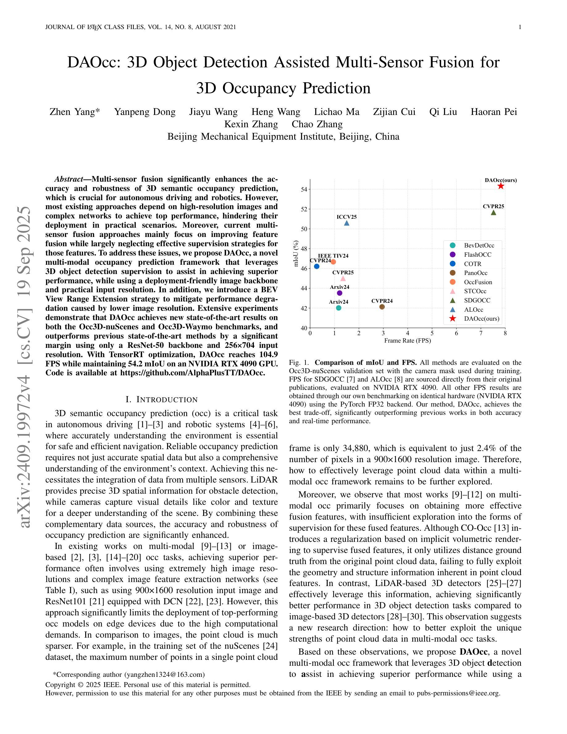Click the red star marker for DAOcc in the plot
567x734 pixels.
(x=501, y=186)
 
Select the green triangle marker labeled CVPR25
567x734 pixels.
(x=493, y=213)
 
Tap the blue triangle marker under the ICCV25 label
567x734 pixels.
(x=346, y=223)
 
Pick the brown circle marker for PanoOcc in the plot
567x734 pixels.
(x=382, y=307)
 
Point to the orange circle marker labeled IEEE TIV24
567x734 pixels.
(x=333, y=262)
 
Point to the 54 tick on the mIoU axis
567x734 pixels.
(x=304, y=190)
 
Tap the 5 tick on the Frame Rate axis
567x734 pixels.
(x=432, y=333)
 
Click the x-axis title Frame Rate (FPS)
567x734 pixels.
(x=407, y=340)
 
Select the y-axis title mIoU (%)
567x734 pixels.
(x=296, y=253)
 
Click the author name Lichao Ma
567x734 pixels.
(x=337, y=112)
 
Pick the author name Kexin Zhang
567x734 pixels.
(x=251, y=124)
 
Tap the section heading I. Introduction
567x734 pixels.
(x=162, y=400)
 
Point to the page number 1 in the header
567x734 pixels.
(x=520, y=27)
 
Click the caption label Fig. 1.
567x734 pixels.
(x=299, y=363)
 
